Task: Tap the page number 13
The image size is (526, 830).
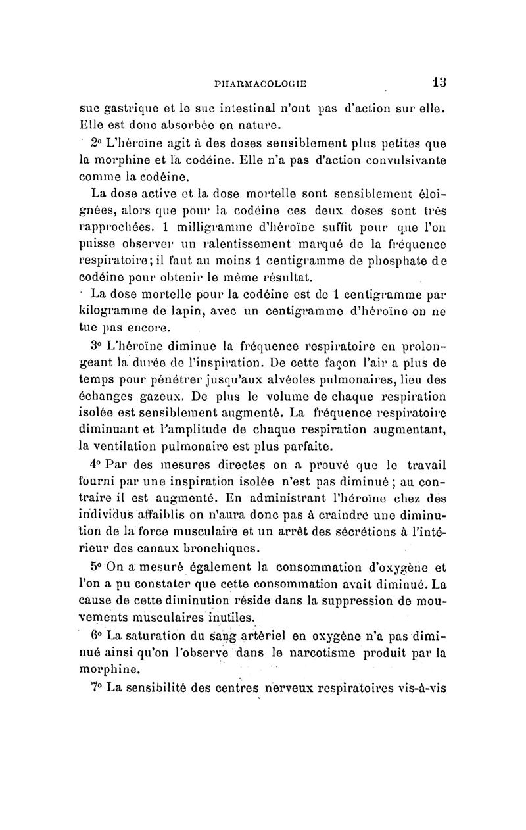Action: [x=439, y=83]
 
